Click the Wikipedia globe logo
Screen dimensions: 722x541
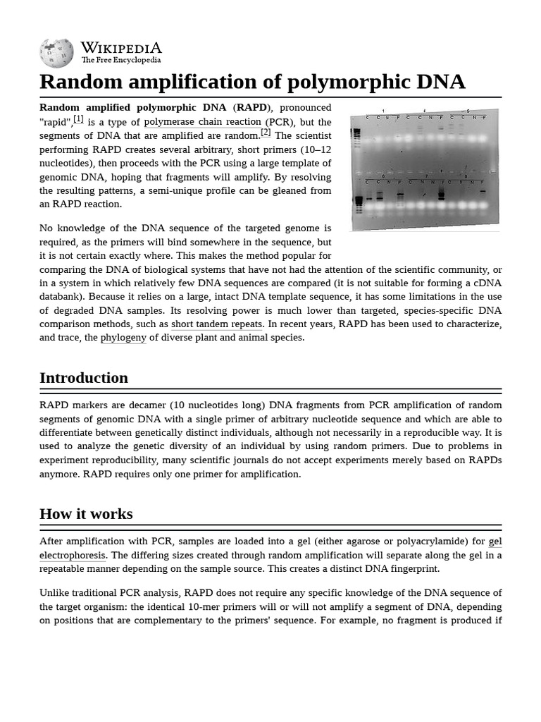click(56, 53)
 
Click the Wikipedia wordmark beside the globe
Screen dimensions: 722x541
click(121, 48)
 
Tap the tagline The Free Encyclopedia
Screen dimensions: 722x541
click(120, 61)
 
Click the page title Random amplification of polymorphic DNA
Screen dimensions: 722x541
click(252, 82)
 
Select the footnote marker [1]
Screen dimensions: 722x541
click(78, 119)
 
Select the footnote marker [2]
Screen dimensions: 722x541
click(266, 132)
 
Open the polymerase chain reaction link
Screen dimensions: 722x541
click(202, 122)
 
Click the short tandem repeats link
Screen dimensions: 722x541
click(217, 324)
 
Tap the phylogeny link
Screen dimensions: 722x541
click(123, 338)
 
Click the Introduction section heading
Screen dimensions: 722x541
click(84, 378)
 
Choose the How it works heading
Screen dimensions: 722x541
click(86, 514)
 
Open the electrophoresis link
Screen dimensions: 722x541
click(73, 556)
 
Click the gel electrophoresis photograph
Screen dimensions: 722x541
click(425, 169)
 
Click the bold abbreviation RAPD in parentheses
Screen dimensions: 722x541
click(251, 108)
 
